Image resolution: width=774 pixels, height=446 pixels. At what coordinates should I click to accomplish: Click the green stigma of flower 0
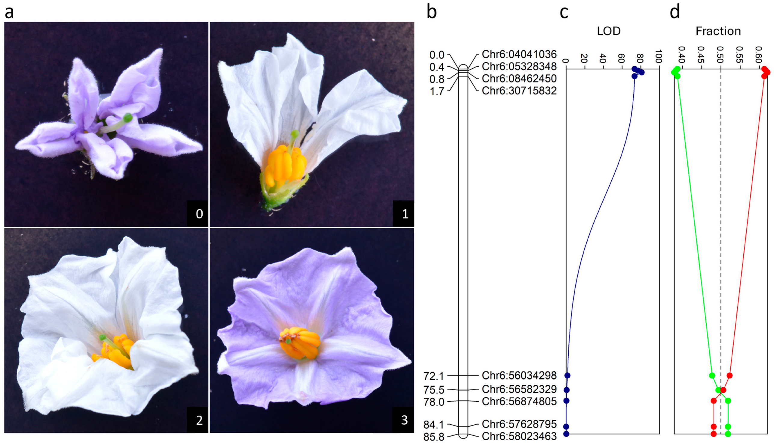pyautogui.click(x=128, y=117)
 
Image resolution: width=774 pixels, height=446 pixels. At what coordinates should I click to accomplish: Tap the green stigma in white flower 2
pyautogui.click(x=102, y=337)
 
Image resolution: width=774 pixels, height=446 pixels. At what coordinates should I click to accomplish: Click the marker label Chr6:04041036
pyautogui.click(x=519, y=54)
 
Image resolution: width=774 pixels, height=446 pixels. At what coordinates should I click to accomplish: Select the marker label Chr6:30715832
pyautogui.click(x=519, y=91)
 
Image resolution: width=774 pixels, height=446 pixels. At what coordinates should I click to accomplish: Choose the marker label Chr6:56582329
pyautogui.click(x=519, y=389)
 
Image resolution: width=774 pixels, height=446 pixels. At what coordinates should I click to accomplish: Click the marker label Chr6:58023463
pyautogui.click(x=519, y=436)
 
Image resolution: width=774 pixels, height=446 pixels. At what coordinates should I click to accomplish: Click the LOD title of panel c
pyautogui.click(x=608, y=31)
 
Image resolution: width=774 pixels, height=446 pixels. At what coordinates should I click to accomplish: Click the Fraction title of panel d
pyautogui.click(x=718, y=31)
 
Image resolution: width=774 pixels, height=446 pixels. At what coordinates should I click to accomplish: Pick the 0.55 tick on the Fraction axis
pyautogui.click(x=739, y=54)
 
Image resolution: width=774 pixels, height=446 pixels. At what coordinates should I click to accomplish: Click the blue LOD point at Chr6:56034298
pyautogui.click(x=567, y=375)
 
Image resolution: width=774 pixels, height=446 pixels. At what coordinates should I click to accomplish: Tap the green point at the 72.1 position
pyautogui.click(x=712, y=375)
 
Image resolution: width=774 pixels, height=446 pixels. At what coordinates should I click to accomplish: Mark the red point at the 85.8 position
pyautogui.click(x=714, y=434)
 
